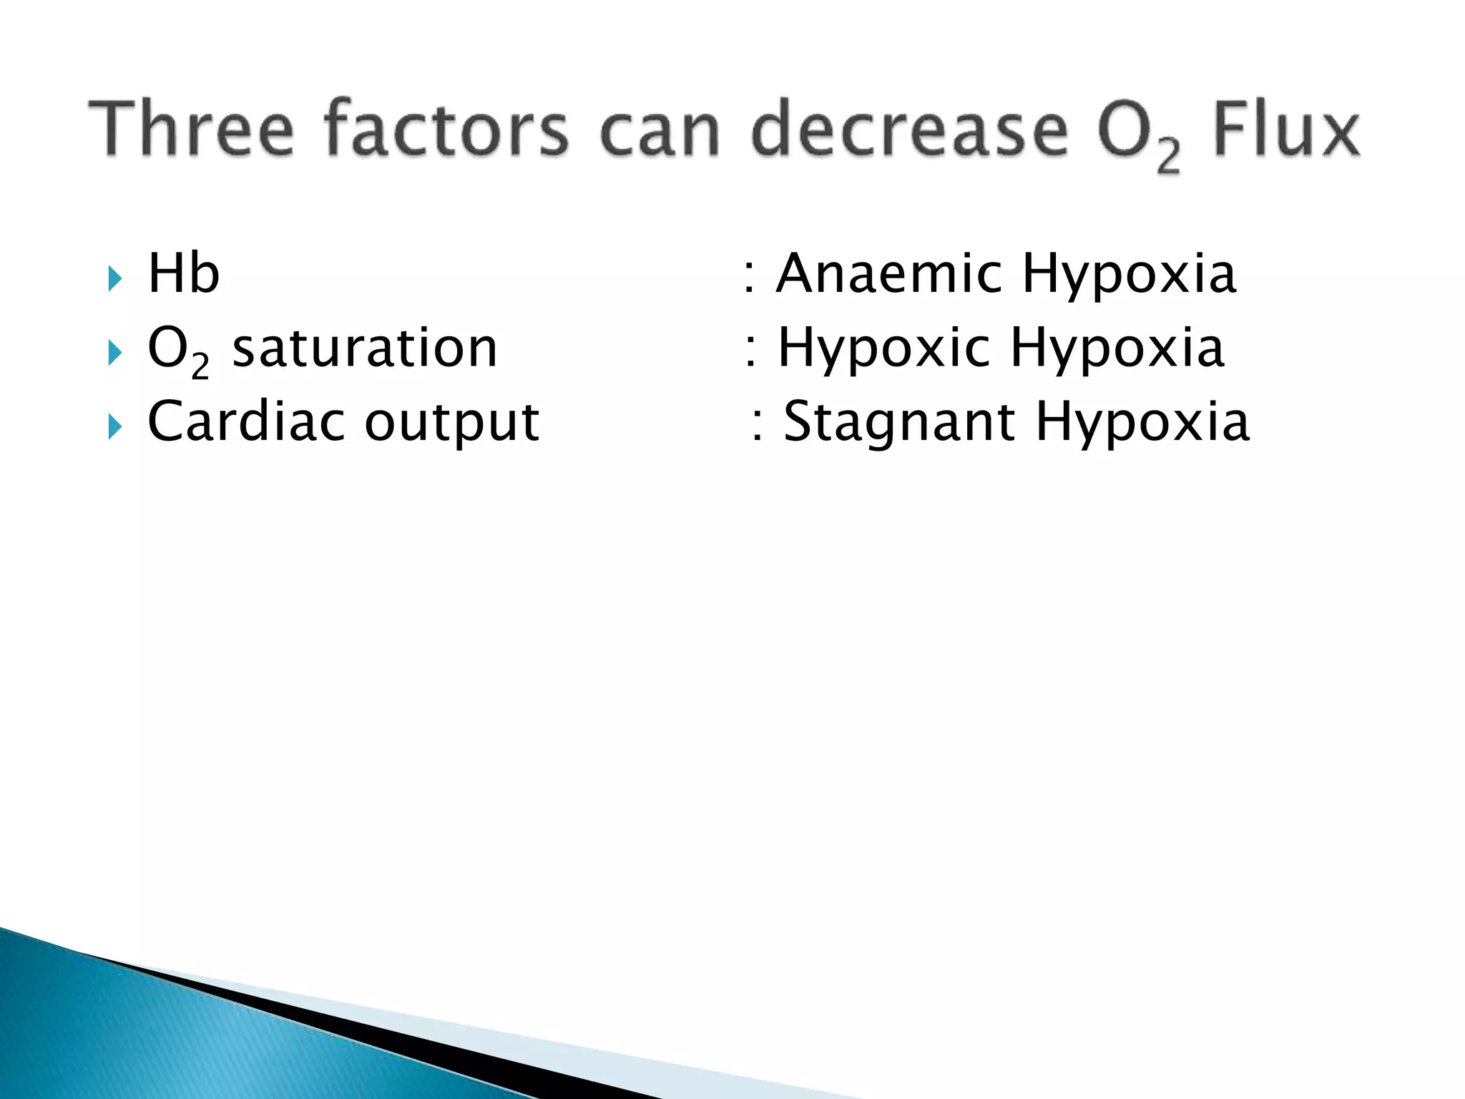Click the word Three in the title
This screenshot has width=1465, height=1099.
191,129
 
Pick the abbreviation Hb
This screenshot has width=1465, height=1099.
183,273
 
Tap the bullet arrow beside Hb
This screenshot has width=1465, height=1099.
115,278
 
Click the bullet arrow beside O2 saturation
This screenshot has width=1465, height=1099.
115,352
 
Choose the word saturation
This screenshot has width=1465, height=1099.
365,348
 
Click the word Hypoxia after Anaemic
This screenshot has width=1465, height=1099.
1130,276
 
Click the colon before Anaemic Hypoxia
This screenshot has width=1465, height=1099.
748,276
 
